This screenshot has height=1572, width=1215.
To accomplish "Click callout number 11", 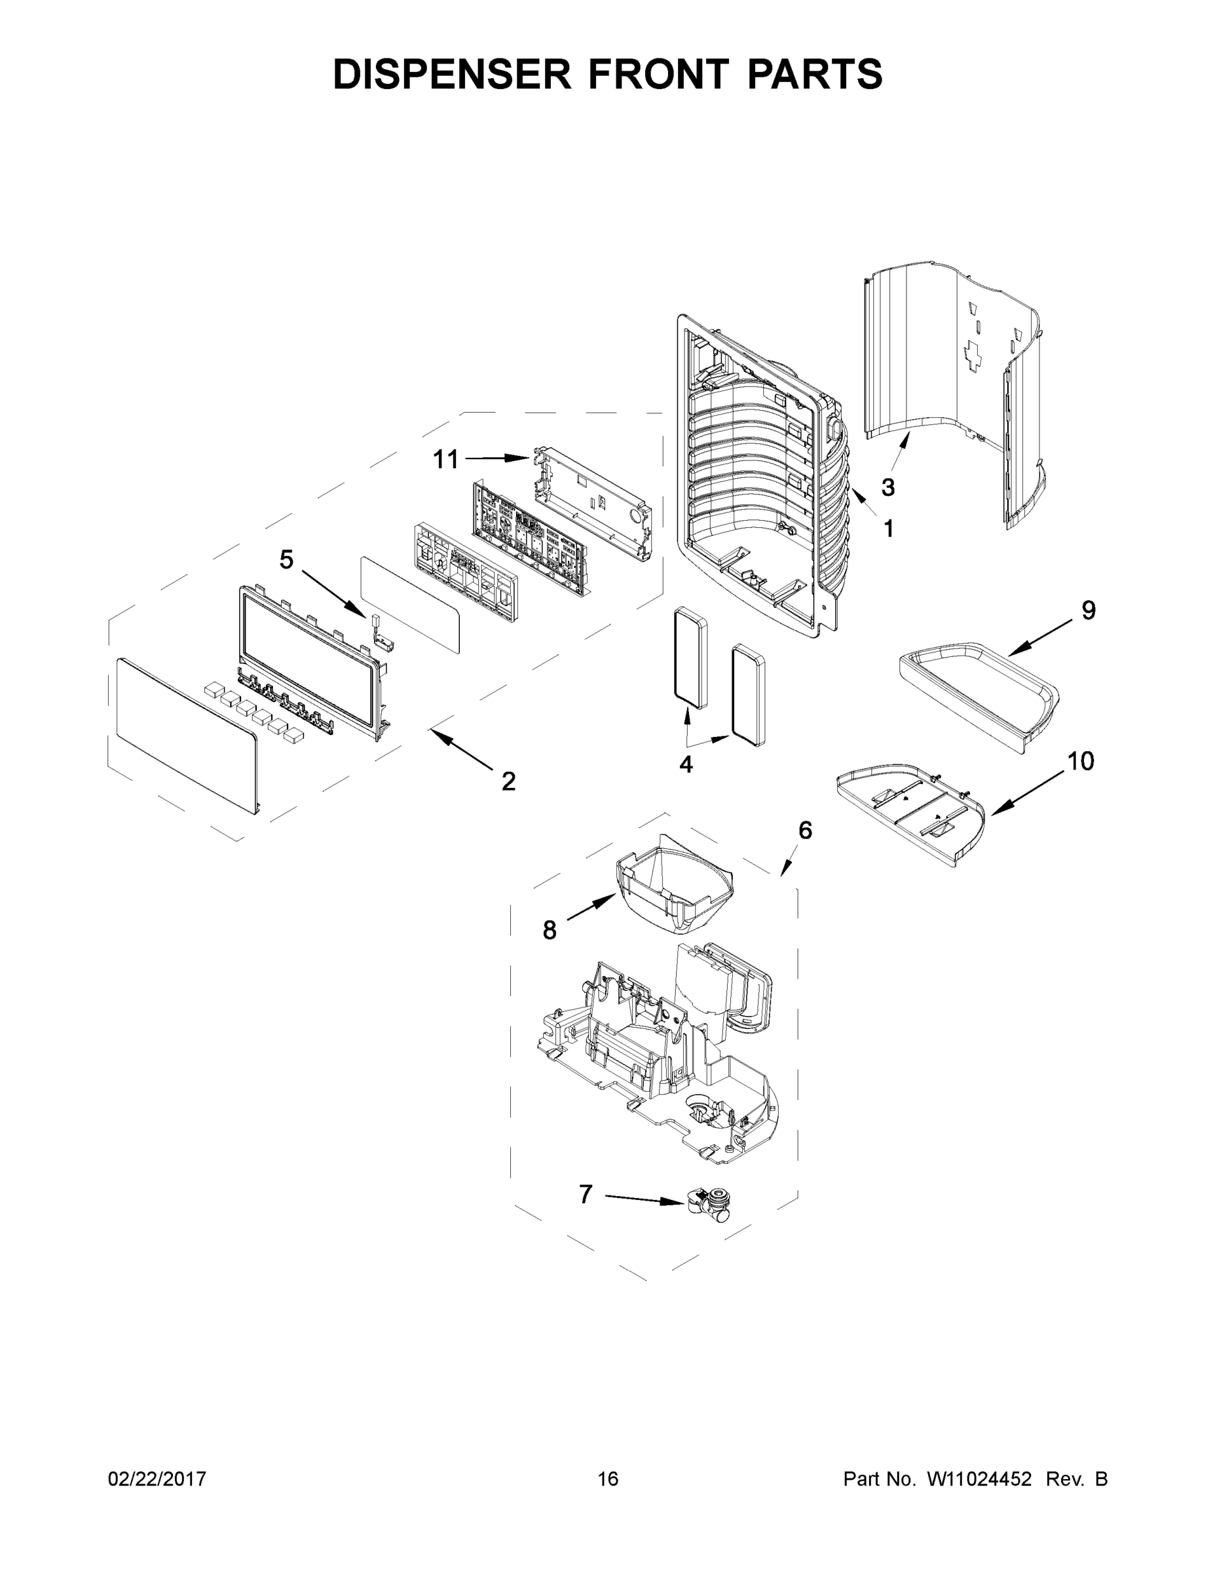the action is (x=445, y=459).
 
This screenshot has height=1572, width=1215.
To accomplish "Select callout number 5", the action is (x=286, y=559).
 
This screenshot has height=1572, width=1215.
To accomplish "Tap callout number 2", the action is (x=508, y=781).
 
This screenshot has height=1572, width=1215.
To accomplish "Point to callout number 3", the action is (x=888, y=487).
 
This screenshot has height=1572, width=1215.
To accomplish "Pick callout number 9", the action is (x=1089, y=610).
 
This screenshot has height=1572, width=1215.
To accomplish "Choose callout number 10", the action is (x=1080, y=761).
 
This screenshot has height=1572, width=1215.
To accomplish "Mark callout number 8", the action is (x=549, y=931).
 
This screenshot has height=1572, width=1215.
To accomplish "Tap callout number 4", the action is (x=686, y=764).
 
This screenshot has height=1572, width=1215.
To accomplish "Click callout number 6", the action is (x=806, y=830).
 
